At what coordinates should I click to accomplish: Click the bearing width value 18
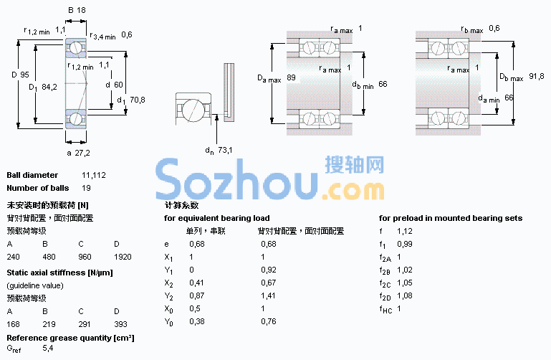tap(81, 10)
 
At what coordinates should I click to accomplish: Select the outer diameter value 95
tap(24, 75)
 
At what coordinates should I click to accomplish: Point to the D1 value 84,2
tap(49, 87)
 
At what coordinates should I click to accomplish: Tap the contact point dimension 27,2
tap(82, 153)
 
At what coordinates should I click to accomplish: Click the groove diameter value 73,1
tap(225, 150)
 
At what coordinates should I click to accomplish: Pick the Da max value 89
tap(292, 77)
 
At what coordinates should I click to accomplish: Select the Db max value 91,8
tap(536, 76)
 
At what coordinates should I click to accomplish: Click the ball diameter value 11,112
tap(94, 175)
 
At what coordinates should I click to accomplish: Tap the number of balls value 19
tap(87, 188)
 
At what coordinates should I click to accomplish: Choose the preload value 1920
tap(123, 257)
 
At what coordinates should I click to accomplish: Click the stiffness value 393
tap(120, 324)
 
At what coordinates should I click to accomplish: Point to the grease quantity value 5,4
tap(48, 348)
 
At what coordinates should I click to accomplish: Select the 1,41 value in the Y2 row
tap(268, 295)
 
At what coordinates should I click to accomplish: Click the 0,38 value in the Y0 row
tap(197, 321)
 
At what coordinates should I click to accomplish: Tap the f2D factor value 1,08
tap(404, 295)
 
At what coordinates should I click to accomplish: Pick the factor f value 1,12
tap(404, 231)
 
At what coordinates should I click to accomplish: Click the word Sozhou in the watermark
tap(237, 179)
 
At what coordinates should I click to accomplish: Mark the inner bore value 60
tap(118, 85)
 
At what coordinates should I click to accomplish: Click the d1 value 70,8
tap(138, 100)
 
